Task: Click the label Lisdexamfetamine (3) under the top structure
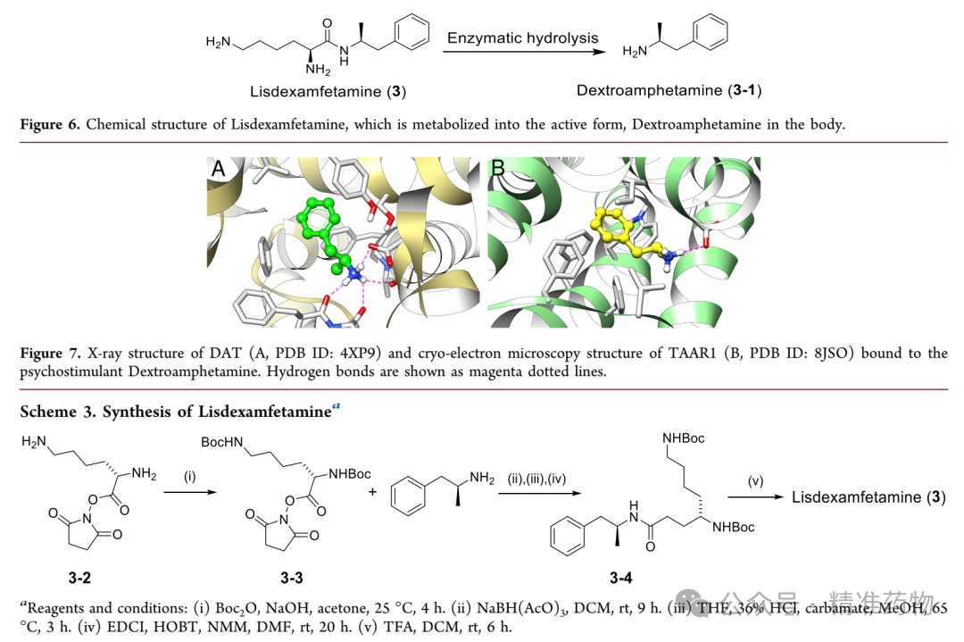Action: click(x=328, y=92)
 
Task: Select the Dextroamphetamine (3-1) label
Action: click(x=669, y=90)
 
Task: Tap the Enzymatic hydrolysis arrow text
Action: click(x=522, y=38)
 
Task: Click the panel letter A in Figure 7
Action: click(x=218, y=168)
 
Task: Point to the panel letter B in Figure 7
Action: click(x=498, y=167)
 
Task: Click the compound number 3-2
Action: click(x=79, y=578)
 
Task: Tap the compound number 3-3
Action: click(x=291, y=578)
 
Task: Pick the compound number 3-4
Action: click(x=620, y=578)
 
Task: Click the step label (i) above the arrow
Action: click(x=190, y=477)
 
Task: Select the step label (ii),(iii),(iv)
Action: click(x=536, y=479)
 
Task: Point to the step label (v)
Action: click(x=755, y=481)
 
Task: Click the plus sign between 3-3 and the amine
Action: click(x=372, y=492)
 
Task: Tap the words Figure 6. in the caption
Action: click(x=50, y=124)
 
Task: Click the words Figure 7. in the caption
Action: click(x=50, y=353)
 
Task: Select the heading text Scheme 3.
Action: click(x=58, y=412)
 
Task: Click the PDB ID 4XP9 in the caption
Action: click(x=359, y=353)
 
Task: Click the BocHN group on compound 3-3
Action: click(x=222, y=442)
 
